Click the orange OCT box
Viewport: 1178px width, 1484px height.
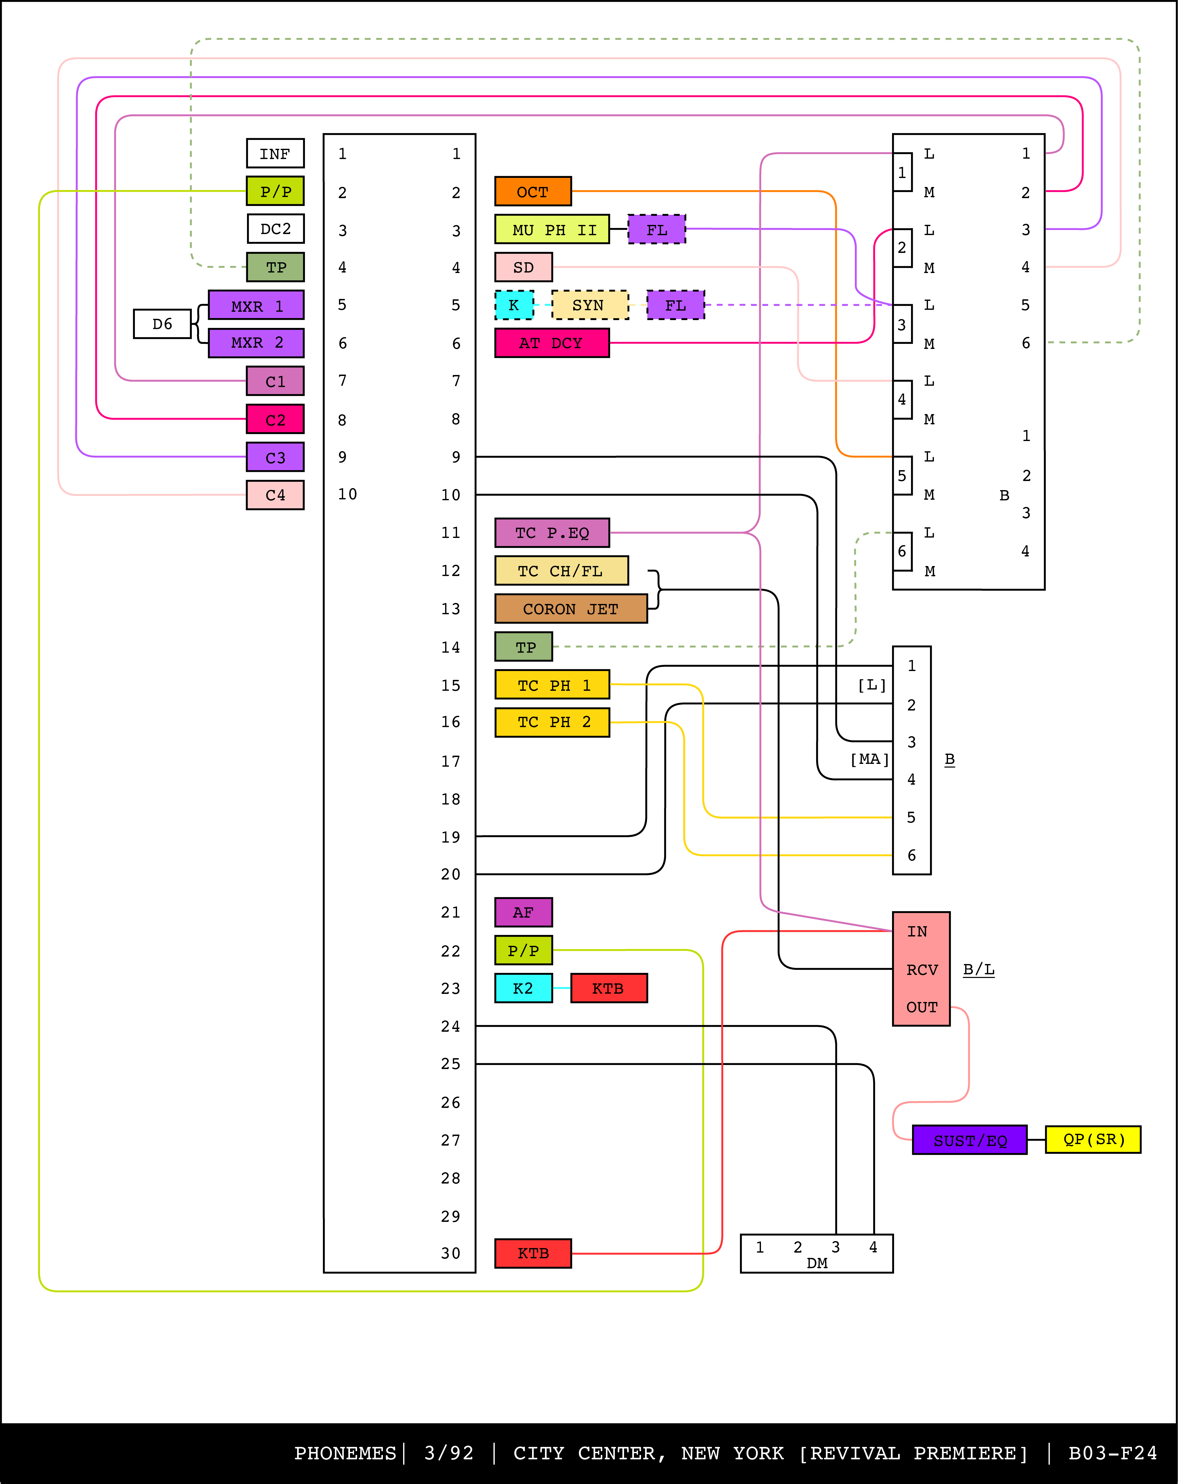click(533, 191)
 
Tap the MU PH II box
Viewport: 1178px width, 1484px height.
click(552, 229)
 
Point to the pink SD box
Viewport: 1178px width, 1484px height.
click(523, 267)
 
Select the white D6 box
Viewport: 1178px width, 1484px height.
click(162, 324)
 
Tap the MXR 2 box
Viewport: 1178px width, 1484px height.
click(256, 343)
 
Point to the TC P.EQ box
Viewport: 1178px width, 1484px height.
click(552, 533)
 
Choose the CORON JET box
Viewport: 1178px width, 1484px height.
click(571, 609)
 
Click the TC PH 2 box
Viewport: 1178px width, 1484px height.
click(552, 722)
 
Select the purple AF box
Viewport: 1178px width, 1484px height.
click(523, 912)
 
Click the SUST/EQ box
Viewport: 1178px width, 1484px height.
click(969, 1140)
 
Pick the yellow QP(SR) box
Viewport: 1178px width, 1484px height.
click(1093, 1139)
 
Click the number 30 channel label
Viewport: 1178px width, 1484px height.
click(451, 1253)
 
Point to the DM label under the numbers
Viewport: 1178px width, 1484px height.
click(817, 1263)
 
